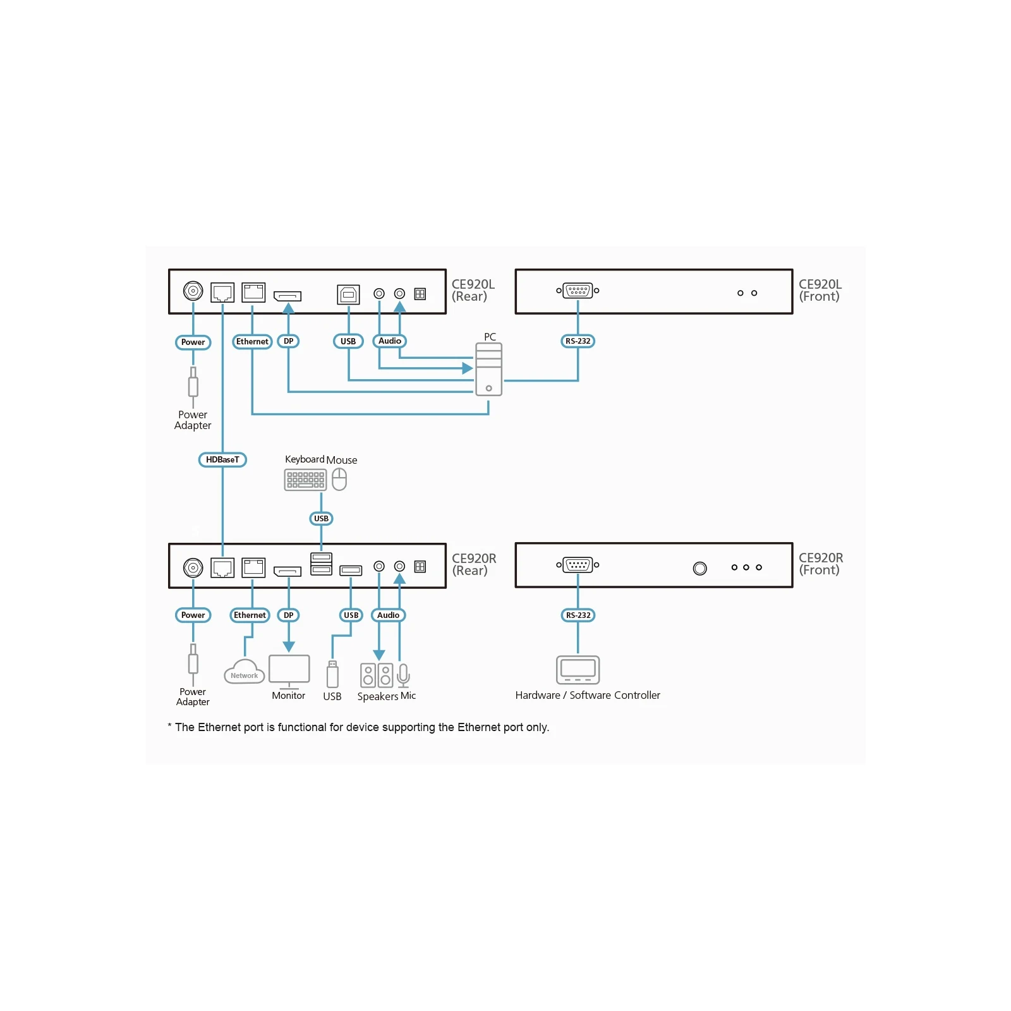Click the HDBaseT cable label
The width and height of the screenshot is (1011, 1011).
(x=222, y=459)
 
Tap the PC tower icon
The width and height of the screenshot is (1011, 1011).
(x=488, y=369)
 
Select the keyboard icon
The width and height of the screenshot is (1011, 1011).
(x=305, y=480)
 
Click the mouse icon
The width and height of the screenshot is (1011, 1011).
(x=339, y=480)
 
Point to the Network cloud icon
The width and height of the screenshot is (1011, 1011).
(x=244, y=672)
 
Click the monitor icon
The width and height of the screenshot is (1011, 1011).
(x=289, y=672)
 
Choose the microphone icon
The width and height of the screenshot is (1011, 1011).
(x=403, y=675)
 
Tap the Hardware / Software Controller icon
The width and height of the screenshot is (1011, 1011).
(x=578, y=670)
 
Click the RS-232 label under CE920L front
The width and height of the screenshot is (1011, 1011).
(x=578, y=341)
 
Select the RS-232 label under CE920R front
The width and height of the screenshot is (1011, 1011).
(x=578, y=615)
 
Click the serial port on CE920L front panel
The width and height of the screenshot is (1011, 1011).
(x=578, y=291)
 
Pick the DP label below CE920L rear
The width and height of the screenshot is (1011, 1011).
(x=288, y=341)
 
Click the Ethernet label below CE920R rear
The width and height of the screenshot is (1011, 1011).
(x=250, y=615)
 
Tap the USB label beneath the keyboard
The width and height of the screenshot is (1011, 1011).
(x=321, y=519)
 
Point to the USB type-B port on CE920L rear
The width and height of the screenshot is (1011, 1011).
(x=348, y=294)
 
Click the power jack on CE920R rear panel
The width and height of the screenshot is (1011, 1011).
(x=193, y=567)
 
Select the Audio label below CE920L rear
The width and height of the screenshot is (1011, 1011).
(x=389, y=341)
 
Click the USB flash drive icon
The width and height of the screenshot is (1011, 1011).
(x=332, y=674)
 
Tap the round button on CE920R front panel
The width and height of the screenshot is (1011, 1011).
(x=699, y=568)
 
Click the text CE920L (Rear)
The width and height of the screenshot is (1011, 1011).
(x=473, y=290)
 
